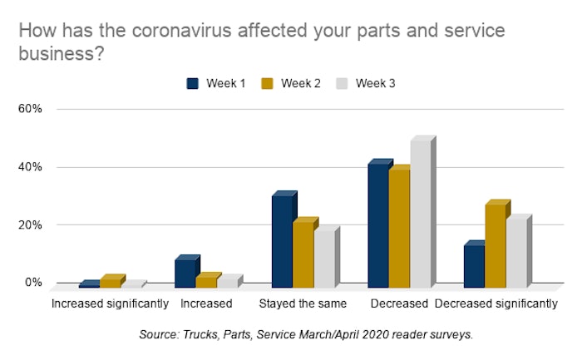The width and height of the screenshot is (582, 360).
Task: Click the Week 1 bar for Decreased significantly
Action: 475,264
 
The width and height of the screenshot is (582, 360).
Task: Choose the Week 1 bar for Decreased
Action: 378,224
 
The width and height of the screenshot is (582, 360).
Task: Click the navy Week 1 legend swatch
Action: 192,83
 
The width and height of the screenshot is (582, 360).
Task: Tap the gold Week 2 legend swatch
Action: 267,83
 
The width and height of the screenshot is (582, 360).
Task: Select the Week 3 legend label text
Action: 375,83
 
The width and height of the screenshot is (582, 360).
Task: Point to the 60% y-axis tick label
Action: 30,109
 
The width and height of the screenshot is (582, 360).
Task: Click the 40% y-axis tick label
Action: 30,167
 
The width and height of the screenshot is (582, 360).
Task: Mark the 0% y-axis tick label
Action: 33,283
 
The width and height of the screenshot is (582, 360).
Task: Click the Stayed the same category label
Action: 303,303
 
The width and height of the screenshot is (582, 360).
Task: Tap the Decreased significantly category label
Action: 496,303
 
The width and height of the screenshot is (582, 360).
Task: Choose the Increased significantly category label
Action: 111,303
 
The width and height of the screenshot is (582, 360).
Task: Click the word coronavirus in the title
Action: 182,31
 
